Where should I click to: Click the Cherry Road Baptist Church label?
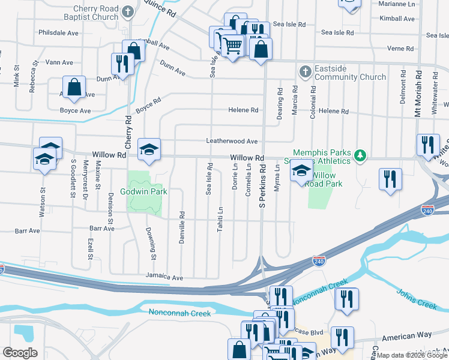[95, 13]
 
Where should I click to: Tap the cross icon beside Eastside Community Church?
[305, 72]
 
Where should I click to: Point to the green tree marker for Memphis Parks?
[360, 155]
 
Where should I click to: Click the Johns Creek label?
[416, 298]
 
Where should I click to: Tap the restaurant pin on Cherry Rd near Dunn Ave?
[122, 64]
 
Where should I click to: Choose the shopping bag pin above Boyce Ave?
[74, 87]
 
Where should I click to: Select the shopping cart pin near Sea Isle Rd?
[232, 44]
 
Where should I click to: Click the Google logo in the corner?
[20, 353]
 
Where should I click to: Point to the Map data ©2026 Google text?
[412, 356]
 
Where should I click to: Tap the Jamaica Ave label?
[164, 278]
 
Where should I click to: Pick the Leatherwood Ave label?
[232, 142]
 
